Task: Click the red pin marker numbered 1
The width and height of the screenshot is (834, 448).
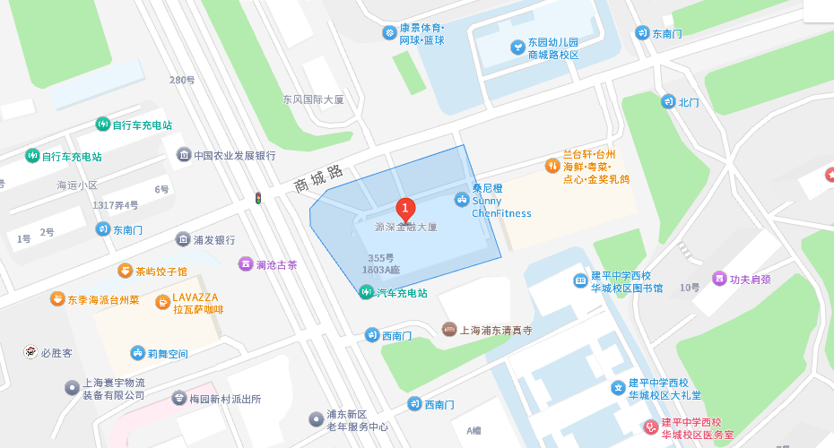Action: coord(405,209)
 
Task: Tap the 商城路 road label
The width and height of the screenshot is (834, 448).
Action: coord(319,178)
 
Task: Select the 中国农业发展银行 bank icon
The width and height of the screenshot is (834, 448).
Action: coord(184,155)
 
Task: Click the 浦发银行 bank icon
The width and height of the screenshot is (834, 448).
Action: coord(184,240)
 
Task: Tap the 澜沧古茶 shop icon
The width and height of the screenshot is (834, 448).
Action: coord(245,264)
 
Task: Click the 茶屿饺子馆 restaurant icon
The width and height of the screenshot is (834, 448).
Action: coord(125,271)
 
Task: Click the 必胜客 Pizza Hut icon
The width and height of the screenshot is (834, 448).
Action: coord(30,352)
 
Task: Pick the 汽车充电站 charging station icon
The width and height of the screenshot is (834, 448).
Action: coord(366,292)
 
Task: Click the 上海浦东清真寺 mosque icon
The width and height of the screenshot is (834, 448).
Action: coord(449,330)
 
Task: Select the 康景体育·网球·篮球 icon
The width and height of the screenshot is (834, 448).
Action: coord(389,33)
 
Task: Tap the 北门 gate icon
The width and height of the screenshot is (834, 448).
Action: coord(668,102)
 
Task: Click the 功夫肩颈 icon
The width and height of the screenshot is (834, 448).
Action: coord(718,279)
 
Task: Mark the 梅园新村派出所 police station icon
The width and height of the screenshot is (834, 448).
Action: coord(179,399)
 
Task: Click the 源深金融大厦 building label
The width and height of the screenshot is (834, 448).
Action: coord(406,228)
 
